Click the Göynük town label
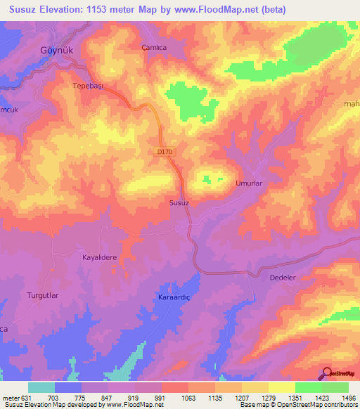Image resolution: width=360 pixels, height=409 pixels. pos(57,52)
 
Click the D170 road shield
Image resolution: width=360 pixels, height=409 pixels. pos(165,151)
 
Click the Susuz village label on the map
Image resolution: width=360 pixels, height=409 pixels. pos(179,202)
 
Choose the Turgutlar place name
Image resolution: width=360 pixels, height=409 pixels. pos(44,294)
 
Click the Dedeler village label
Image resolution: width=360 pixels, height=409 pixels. pos(285,278)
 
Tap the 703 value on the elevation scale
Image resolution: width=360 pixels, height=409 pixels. pos(52,396)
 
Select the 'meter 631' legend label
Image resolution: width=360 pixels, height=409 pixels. pos(15,396)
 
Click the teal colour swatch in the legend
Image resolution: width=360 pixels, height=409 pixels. pos(41,387)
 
